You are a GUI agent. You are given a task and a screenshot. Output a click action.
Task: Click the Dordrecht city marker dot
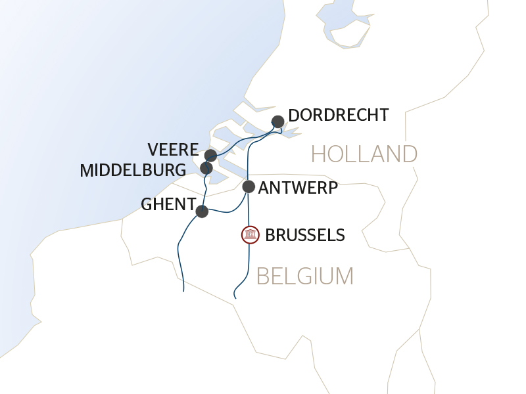278,121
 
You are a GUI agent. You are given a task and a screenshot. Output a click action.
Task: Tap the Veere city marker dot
210,156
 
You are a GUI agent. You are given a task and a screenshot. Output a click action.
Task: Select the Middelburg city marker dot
206,167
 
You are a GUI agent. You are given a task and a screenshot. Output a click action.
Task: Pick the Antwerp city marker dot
249,186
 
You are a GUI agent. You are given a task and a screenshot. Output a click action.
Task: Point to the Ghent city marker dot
202,211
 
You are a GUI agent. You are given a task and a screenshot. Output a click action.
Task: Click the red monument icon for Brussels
250,234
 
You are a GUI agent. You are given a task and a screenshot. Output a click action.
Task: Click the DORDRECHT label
339,116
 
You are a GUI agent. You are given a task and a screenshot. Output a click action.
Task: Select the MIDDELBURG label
133,171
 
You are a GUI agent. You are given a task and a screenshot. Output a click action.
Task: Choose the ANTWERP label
298,188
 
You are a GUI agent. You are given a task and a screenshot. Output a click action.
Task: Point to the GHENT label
168,205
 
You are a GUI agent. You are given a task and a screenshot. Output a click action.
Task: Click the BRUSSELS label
304,235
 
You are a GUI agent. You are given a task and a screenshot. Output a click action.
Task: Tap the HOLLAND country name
364,154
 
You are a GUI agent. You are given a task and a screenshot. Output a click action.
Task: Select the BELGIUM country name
305,276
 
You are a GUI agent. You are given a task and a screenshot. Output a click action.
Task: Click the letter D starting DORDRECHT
294,116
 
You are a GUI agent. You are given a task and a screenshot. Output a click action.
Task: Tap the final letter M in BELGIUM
345,276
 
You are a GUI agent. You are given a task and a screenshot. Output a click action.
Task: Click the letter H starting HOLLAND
319,154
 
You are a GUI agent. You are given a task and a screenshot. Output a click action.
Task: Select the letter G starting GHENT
147,205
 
